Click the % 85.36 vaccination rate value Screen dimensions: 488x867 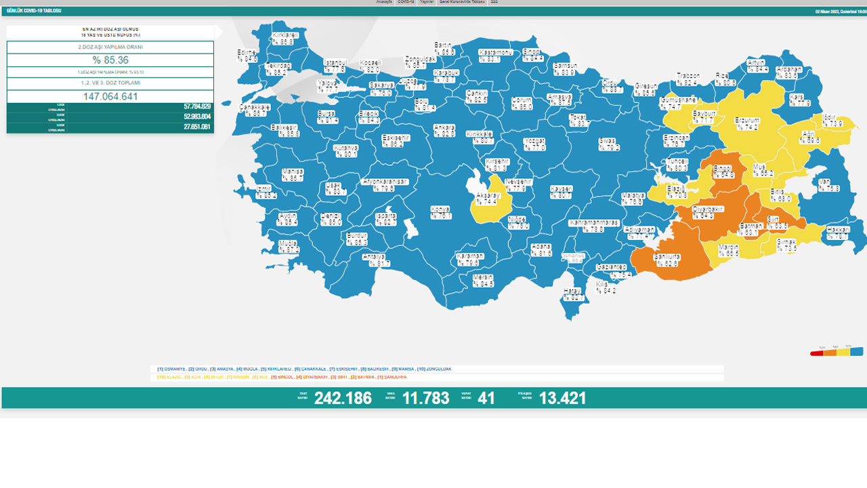(x=110, y=60)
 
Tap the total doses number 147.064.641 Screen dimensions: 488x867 (x=110, y=96)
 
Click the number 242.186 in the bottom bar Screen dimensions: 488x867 (x=343, y=398)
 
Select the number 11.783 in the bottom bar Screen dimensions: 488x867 (x=425, y=398)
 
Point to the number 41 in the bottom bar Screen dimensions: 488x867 (x=486, y=398)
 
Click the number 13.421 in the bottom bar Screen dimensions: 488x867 (x=562, y=398)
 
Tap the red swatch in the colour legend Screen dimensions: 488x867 (x=817, y=352)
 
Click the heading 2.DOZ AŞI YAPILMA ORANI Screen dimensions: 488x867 (x=110, y=47)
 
